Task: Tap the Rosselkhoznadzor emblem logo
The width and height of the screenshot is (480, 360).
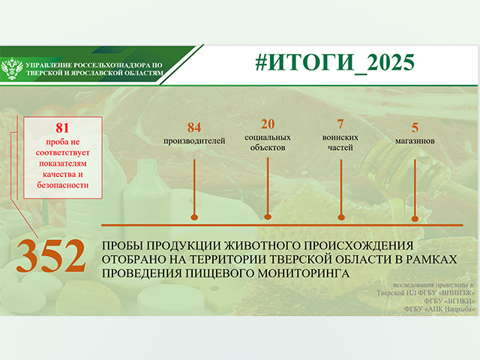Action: tap(12, 70)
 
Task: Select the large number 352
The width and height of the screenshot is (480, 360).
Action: tap(50, 256)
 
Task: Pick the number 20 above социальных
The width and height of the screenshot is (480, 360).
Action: tap(268, 124)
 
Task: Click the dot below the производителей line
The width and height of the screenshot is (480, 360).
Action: tap(194, 217)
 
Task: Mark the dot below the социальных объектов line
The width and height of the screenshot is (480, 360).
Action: tap(268, 217)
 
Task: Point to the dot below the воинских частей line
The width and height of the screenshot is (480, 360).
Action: tap(341, 217)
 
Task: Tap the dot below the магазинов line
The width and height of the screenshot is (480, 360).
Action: tap(415, 217)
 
